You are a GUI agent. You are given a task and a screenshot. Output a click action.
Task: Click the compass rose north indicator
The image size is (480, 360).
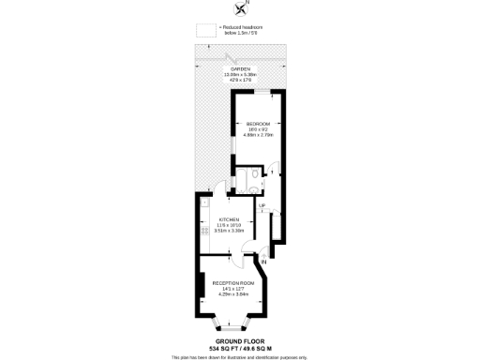pos(238,8)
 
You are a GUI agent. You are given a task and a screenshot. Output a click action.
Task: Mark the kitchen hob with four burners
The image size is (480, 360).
pos(202,230)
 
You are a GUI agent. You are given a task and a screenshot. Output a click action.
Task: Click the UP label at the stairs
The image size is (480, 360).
pos(262,205)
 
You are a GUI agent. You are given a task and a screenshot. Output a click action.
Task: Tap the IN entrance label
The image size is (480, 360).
pos(264,261)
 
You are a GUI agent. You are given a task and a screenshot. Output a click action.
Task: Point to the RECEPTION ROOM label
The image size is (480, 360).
pos(232,282)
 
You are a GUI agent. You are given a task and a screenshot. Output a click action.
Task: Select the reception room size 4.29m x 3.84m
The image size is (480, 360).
pos(232,293)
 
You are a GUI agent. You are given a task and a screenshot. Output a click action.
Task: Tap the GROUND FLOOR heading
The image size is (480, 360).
pos(239,341)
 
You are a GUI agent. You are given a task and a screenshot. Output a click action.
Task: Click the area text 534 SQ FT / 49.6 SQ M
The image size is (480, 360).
pos(239,349)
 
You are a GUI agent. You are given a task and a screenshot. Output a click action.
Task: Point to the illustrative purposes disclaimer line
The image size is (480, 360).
pos(239,356)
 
